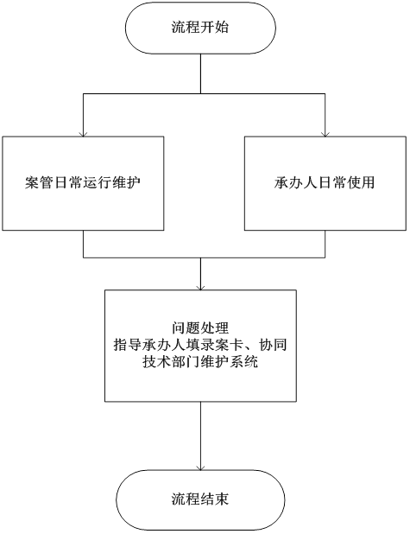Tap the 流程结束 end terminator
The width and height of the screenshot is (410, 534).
click(200, 499)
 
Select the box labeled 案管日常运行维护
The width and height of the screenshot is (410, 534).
click(83, 182)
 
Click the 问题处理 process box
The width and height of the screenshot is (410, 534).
click(200, 346)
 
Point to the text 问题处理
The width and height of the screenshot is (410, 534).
click(200, 328)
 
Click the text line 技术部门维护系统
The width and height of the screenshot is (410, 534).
click(200, 363)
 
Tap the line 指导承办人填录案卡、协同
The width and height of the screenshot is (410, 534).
click(200, 346)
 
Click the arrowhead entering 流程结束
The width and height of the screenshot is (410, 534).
click(200, 467)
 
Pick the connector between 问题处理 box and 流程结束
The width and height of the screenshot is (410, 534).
click(200, 432)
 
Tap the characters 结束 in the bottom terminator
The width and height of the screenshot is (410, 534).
click(215, 499)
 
